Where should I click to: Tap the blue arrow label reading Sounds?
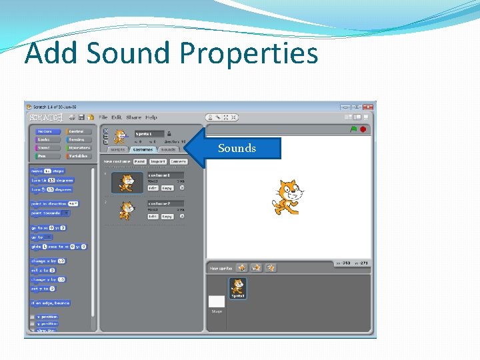click(237, 148)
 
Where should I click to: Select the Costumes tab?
click(142, 150)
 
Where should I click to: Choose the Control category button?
click(79, 131)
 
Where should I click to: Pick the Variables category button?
click(79, 156)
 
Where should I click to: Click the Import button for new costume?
click(158, 161)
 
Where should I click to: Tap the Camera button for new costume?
click(179, 161)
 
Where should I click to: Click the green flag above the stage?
click(353, 129)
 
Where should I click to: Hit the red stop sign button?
click(363, 129)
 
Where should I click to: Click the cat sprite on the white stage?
click(288, 197)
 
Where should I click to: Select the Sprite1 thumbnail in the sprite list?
click(238, 288)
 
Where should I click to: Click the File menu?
click(103, 117)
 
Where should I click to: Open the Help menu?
click(151, 117)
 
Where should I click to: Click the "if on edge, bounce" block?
click(51, 303)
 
